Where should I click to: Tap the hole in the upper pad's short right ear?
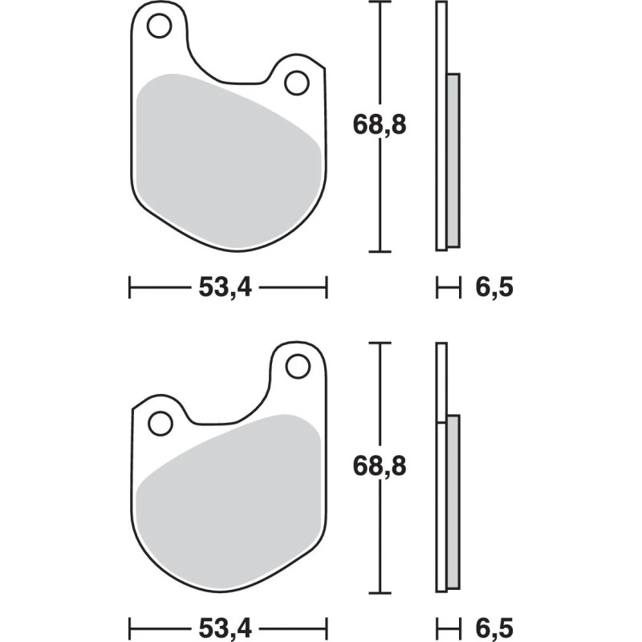point(297,81)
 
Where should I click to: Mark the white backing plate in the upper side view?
point(441,120)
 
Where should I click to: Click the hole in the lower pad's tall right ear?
point(297,367)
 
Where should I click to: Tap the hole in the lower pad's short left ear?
point(160,421)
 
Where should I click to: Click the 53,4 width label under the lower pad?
point(227,625)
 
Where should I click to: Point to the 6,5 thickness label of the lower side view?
point(494,625)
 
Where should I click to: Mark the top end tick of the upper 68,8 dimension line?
point(379,2)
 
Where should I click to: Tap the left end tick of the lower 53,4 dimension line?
point(130,625)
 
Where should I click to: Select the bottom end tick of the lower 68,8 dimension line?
point(379,592)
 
